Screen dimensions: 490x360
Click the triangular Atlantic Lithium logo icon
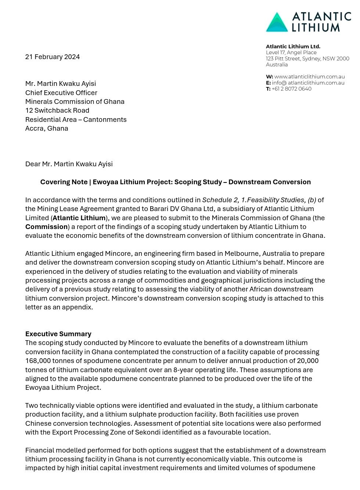(x=277, y=22)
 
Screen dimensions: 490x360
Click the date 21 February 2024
(x=53, y=57)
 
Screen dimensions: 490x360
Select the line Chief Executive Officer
(x=61, y=92)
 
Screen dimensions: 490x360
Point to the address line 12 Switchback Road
(x=57, y=110)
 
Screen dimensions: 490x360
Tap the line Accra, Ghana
(x=47, y=128)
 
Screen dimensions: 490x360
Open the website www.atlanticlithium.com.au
(x=309, y=77)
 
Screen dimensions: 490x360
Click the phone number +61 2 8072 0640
(x=291, y=89)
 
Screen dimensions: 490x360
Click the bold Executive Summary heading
(x=58, y=334)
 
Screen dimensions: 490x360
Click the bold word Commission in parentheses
(x=47, y=227)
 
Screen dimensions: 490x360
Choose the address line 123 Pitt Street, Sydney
(x=307, y=59)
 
